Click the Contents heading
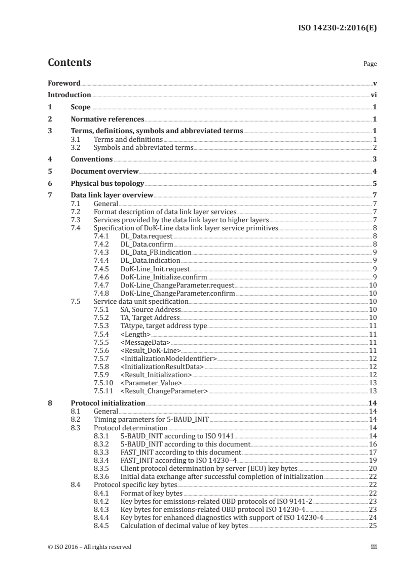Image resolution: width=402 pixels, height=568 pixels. (69, 63)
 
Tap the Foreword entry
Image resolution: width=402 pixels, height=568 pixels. (64, 83)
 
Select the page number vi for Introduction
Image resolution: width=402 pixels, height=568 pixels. (374, 95)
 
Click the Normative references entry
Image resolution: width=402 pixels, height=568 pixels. (107, 119)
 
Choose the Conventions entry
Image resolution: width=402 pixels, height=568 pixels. (92, 159)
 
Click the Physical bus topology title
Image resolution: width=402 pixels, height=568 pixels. (107, 183)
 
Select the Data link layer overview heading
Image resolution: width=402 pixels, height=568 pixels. (112, 195)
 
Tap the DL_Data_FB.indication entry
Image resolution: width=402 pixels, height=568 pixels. (156, 252)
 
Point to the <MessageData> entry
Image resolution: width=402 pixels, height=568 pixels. (145, 342)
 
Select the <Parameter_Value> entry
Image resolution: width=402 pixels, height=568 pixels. (151, 383)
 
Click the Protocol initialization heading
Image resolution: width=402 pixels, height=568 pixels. (108, 403)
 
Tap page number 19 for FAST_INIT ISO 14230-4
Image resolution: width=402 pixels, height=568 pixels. (373, 460)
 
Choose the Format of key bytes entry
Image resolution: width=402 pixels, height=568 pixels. (151, 493)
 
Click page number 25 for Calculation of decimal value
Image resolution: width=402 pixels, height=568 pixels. (373, 525)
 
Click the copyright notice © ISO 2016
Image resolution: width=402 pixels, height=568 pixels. (89, 547)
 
